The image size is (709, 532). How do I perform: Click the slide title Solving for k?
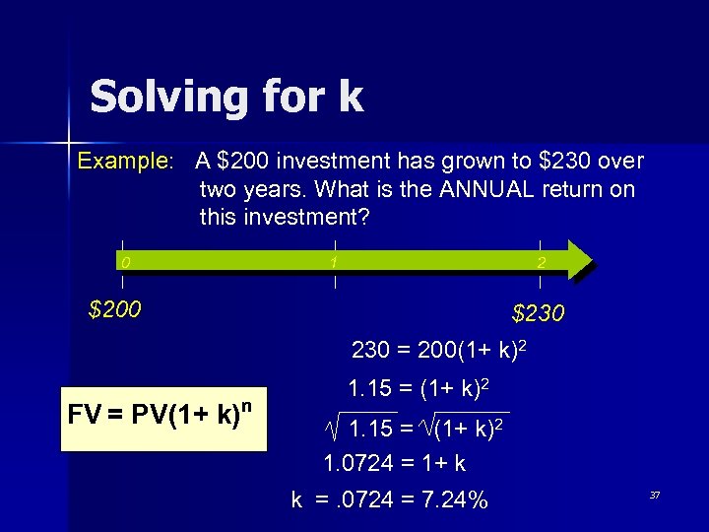point(226,98)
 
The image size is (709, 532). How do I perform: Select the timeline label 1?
point(335,262)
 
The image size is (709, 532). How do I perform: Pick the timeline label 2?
point(541,263)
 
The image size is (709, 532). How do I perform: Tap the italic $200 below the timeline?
point(115,310)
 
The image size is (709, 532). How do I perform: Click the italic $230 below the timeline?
point(538,314)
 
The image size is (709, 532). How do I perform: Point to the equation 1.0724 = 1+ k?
point(395,463)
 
